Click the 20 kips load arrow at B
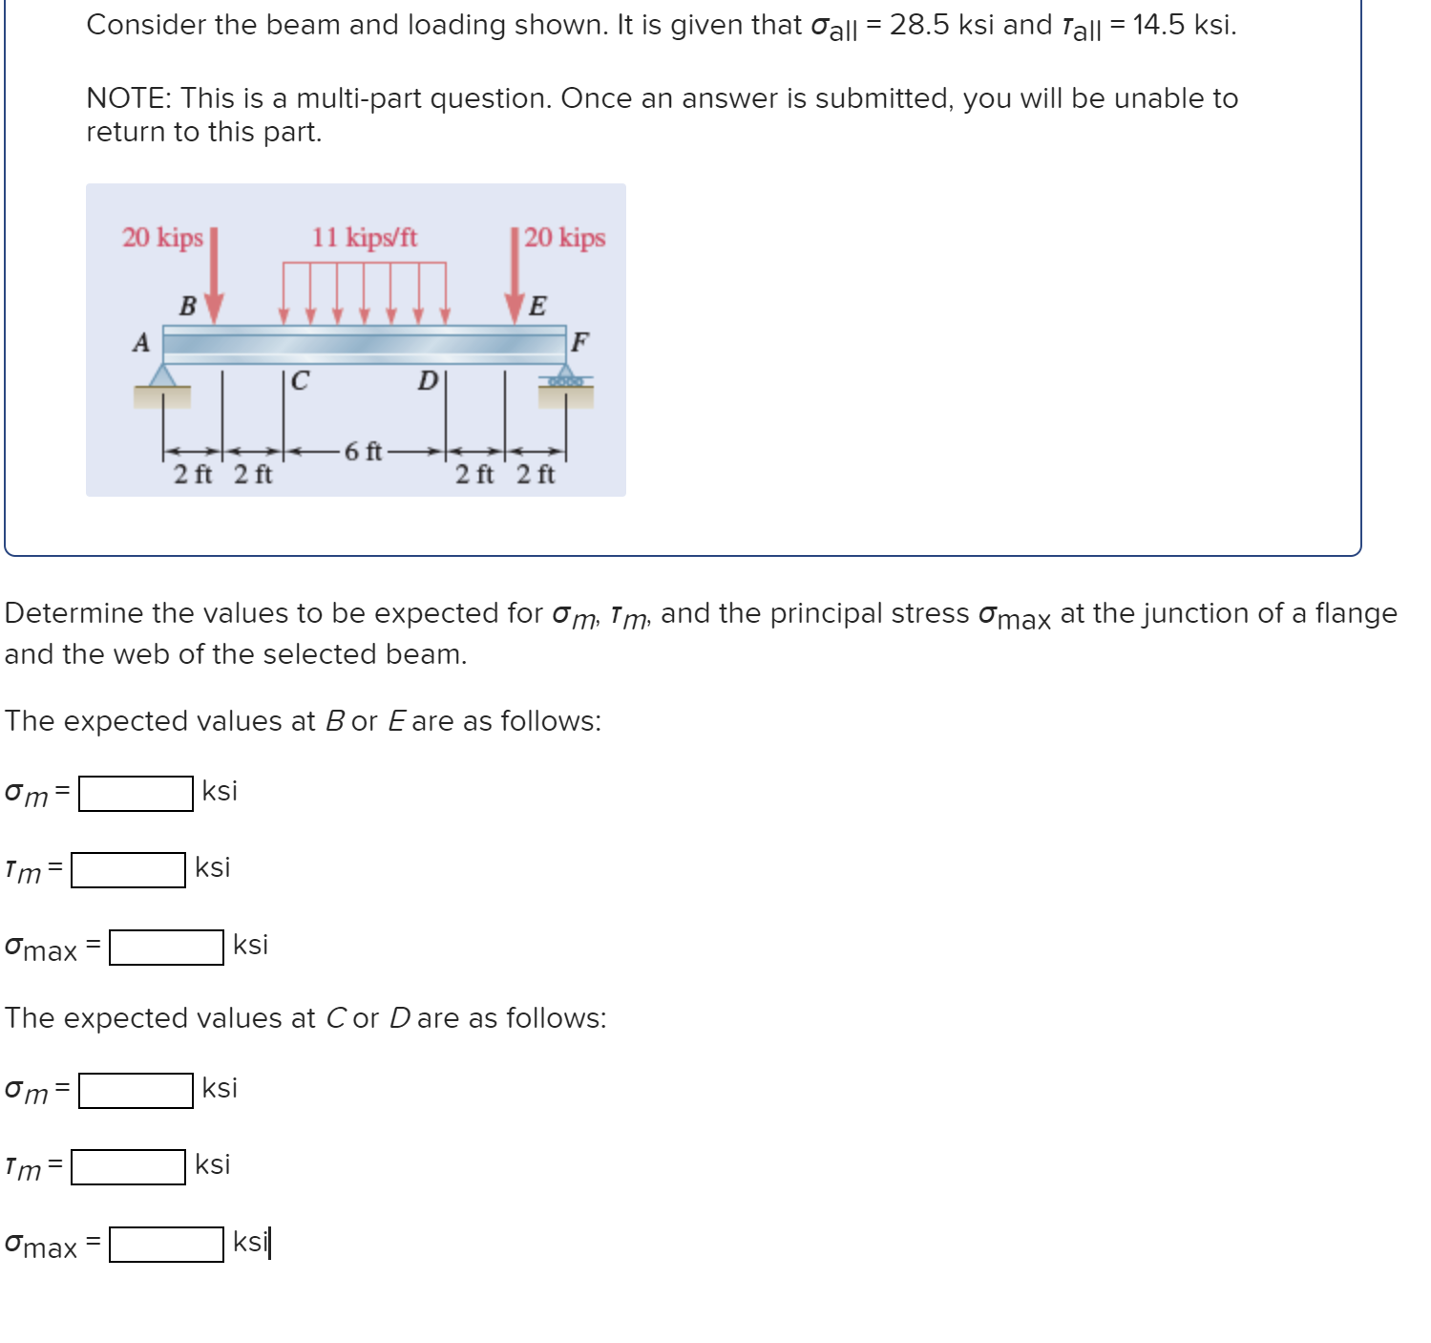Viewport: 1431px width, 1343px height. pyautogui.click(x=215, y=277)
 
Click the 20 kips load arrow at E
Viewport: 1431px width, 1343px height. pyautogui.click(x=516, y=277)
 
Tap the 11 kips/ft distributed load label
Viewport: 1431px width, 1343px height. pyautogui.click(x=365, y=237)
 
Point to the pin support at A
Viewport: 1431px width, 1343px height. pyautogui.click(x=162, y=376)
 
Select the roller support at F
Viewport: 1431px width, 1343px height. pyautogui.click(x=565, y=378)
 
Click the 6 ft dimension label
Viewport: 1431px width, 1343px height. pyautogui.click(x=363, y=451)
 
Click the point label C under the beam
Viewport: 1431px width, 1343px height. pyautogui.click(x=300, y=381)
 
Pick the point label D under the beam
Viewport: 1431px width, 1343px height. pyautogui.click(x=427, y=381)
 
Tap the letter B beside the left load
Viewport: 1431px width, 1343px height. pyautogui.click(x=188, y=307)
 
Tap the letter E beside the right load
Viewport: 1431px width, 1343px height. pyautogui.click(x=537, y=307)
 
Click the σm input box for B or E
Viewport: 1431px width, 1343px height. pyautogui.click(x=136, y=793)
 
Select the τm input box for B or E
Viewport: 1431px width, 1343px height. pyautogui.click(x=128, y=870)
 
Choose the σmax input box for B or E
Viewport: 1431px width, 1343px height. pyautogui.click(x=166, y=948)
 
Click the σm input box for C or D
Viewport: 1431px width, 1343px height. pyautogui.click(x=136, y=1090)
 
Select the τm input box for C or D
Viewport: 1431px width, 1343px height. pyautogui.click(x=128, y=1167)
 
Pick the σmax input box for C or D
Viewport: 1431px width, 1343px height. pyautogui.click(x=166, y=1245)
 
